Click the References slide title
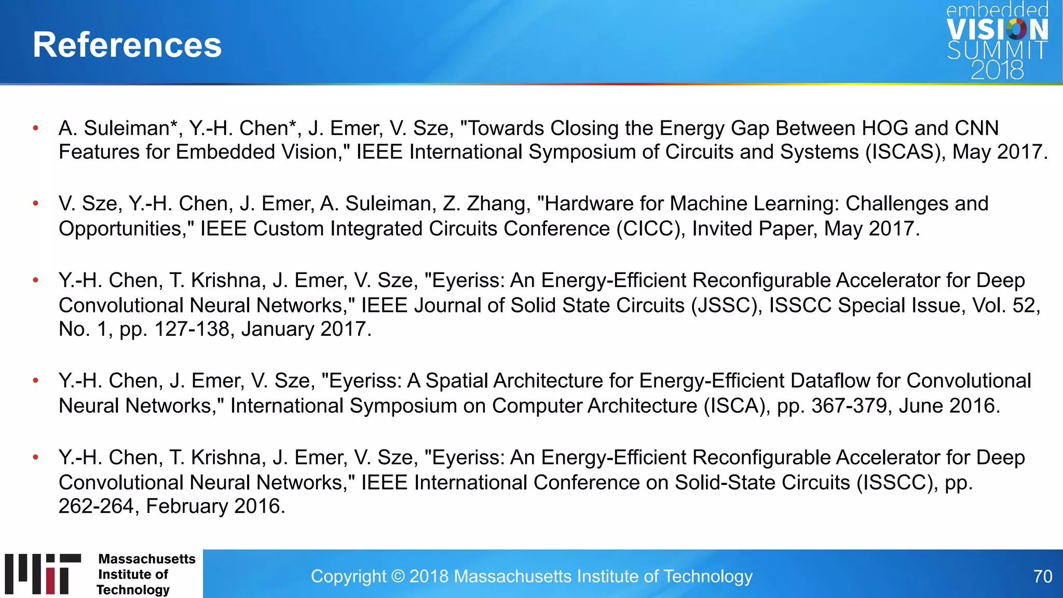click(x=127, y=45)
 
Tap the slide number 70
click(x=1042, y=576)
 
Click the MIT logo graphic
click(x=43, y=574)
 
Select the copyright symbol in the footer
click(x=398, y=576)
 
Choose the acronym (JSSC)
click(x=726, y=305)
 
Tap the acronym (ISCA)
click(x=737, y=406)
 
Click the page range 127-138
click(x=192, y=329)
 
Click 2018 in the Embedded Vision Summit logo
click(x=997, y=70)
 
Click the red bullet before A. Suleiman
click(x=36, y=128)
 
